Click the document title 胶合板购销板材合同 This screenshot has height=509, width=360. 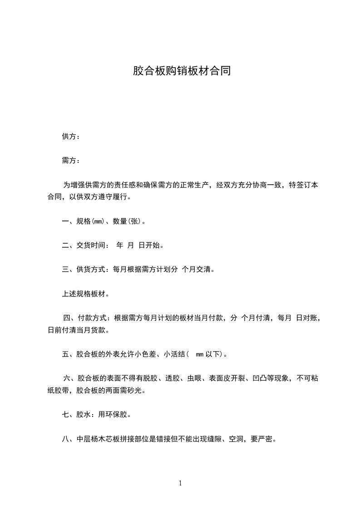tap(182, 71)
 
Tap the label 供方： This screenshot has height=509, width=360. tap(71, 137)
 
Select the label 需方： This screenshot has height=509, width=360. tap(71, 160)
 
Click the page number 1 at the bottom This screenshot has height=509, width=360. tap(180, 483)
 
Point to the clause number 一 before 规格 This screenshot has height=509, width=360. tap(65, 222)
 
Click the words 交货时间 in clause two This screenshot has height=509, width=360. tap(92, 245)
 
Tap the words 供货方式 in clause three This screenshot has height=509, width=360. tap(92, 269)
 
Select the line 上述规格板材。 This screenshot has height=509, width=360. tap(85, 294)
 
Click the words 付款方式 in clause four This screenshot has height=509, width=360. tap(92, 318)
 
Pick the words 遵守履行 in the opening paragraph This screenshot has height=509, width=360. tap(114, 197)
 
